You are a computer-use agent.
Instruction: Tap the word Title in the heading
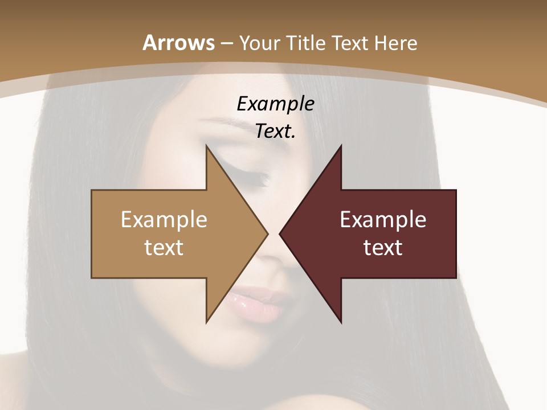[x=308, y=43]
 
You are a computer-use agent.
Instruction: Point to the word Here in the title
[x=397, y=43]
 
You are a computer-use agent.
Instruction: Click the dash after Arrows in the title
[x=226, y=43]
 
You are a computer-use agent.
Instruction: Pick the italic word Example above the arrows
[x=275, y=104]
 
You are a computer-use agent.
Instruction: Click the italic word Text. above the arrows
[x=275, y=132]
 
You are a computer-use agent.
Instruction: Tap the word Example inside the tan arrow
[x=164, y=220]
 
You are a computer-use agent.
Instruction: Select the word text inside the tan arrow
[x=164, y=248]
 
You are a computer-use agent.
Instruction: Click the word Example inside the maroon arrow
[x=383, y=220]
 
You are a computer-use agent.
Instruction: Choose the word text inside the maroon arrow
[x=383, y=248]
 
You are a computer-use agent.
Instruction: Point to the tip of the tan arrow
[x=267, y=233]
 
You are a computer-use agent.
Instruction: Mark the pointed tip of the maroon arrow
[x=280, y=233]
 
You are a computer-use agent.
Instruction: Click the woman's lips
[x=256, y=303]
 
